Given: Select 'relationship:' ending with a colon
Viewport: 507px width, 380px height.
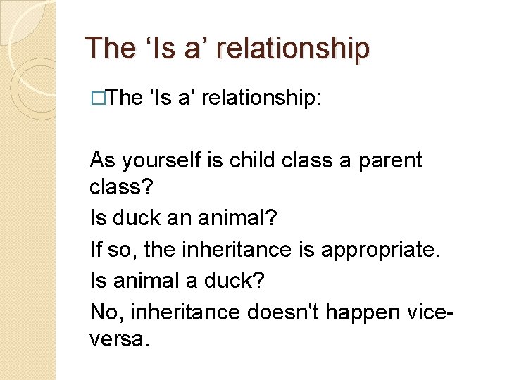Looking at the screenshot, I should [x=262, y=98].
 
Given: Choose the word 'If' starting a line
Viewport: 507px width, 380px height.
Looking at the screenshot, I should [x=96, y=249].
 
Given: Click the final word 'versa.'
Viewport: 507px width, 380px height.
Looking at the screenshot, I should [x=120, y=340].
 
